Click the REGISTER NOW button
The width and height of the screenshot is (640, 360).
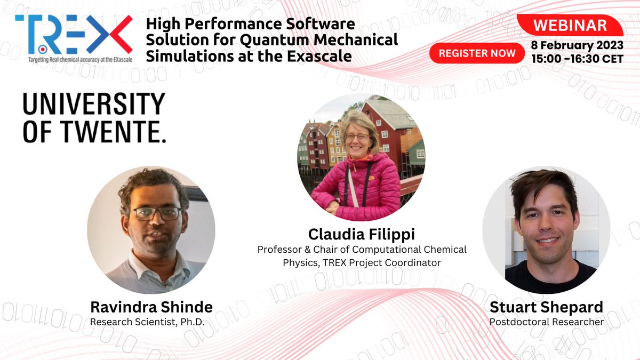click(477, 53)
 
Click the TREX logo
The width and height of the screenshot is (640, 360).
click(74, 34)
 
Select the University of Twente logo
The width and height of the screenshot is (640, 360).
click(94, 118)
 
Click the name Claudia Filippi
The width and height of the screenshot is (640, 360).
click(362, 234)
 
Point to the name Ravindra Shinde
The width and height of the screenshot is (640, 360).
click(151, 307)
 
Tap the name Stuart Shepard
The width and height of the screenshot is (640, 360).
click(546, 307)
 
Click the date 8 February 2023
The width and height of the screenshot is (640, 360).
click(577, 45)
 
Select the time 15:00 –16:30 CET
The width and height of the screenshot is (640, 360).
click(577, 58)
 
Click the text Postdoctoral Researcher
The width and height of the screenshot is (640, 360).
click(546, 322)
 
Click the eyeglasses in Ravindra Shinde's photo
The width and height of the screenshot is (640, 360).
click(157, 213)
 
